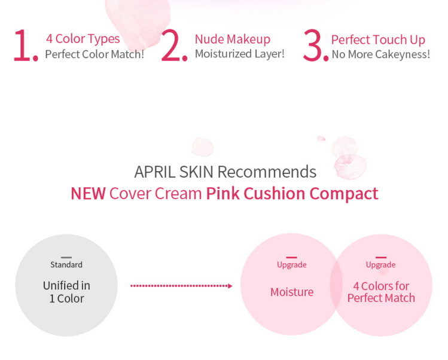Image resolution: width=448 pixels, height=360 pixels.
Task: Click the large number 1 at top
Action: [x=22, y=45]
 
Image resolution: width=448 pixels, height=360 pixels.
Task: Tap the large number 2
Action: [x=171, y=45]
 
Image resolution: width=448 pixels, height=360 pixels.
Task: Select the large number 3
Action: [x=313, y=45]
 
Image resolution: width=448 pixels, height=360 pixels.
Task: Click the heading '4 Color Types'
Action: [x=83, y=38]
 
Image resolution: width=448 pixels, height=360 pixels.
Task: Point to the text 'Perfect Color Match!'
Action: [x=95, y=54]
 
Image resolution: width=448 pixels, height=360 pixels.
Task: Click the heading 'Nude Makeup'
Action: [x=233, y=39]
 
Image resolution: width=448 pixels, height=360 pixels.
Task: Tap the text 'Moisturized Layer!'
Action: [x=240, y=54]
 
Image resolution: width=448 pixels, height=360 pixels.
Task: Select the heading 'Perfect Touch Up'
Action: [x=378, y=39]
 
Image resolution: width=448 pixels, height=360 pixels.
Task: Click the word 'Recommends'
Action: [x=267, y=172]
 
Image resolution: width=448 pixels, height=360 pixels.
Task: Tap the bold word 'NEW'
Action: [x=89, y=193]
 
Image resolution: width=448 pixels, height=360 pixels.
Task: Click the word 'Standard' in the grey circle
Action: [x=66, y=264]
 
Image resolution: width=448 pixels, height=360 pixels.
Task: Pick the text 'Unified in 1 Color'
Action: [x=66, y=292]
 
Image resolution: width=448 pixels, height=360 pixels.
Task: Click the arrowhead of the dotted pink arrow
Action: [x=230, y=286]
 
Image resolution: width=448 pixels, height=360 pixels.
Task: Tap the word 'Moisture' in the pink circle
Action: [x=292, y=292]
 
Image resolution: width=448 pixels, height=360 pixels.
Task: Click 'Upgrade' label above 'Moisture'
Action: [x=292, y=265]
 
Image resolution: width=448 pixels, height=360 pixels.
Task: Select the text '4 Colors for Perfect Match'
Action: [x=381, y=292]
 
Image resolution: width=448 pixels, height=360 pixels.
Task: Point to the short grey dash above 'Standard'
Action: [x=66, y=257]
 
